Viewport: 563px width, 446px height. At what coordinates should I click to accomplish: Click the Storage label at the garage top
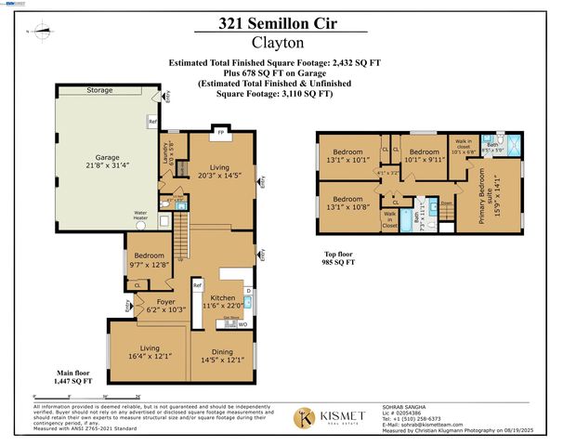tap(99, 91)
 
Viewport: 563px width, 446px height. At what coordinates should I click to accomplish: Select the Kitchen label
tap(222, 301)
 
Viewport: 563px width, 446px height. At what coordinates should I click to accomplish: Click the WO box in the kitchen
tap(242, 323)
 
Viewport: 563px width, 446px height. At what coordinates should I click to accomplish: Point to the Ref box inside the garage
tap(152, 122)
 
